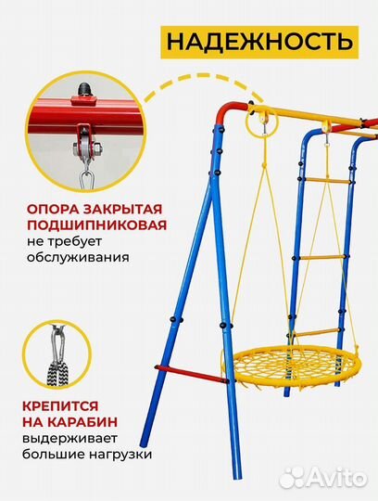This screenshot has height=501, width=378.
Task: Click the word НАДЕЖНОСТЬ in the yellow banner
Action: pyautogui.click(x=258, y=42)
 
